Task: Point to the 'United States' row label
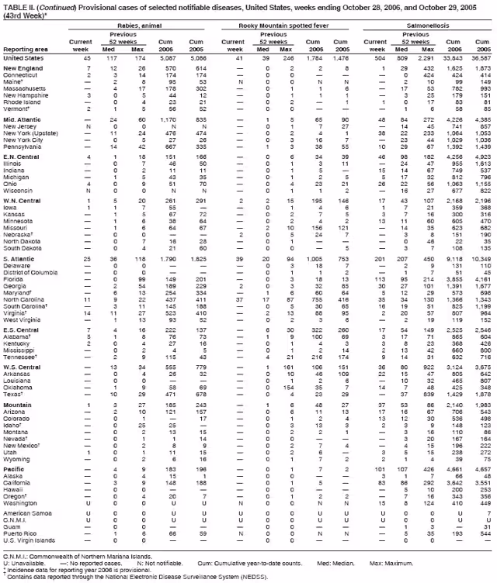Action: coord(23,57)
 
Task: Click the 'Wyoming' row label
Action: coord(18,459)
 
